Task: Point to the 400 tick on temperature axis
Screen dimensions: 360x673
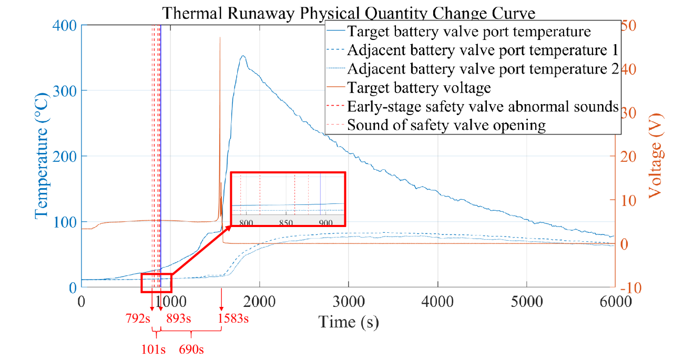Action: click(x=65, y=26)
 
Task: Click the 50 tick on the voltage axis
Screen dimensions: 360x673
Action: click(x=629, y=26)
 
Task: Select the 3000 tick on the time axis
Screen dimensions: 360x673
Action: click(x=349, y=302)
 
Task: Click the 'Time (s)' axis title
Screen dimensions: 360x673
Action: click(x=349, y=322)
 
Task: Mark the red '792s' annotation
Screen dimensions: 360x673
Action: click(x=138, y=318)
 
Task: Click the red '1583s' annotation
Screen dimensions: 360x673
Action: click(x=233, y=318)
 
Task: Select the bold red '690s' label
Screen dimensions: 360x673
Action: click(x=191, y=348)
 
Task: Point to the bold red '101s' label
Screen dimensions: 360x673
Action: click(x=154, y=348)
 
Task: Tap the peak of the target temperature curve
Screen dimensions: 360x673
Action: click(x=242, y=56)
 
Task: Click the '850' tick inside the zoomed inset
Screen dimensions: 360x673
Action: click(x=285, y=222)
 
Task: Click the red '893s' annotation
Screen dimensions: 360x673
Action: click(x=178, y=318)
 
